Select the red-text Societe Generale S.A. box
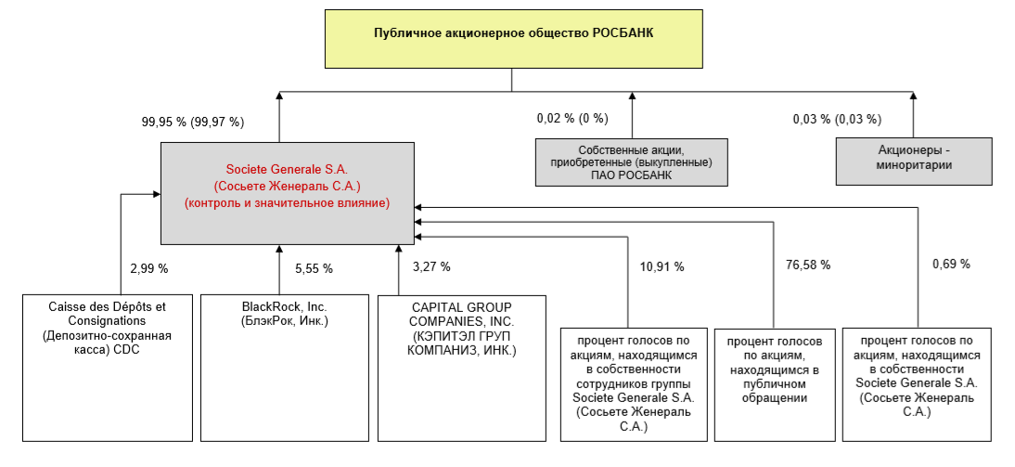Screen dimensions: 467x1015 (287, 193)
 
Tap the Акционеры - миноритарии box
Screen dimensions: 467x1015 (915, 158)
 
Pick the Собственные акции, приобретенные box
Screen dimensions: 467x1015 (631, 162)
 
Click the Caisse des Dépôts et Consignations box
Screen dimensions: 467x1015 (109, 367)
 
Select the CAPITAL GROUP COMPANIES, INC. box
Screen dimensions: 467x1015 (462, 367)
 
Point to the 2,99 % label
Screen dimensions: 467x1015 (148, 268)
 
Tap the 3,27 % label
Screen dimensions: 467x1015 (431, 266)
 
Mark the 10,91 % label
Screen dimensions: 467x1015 (662, 266)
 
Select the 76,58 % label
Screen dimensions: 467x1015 (807, 265)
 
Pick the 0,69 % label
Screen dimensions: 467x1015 (951, 265)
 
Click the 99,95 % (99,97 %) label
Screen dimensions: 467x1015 (192, 121)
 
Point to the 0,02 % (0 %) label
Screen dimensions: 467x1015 (572, 119)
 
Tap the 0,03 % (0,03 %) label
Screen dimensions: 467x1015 (837, 119)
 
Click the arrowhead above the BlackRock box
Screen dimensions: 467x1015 (280, 250)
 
